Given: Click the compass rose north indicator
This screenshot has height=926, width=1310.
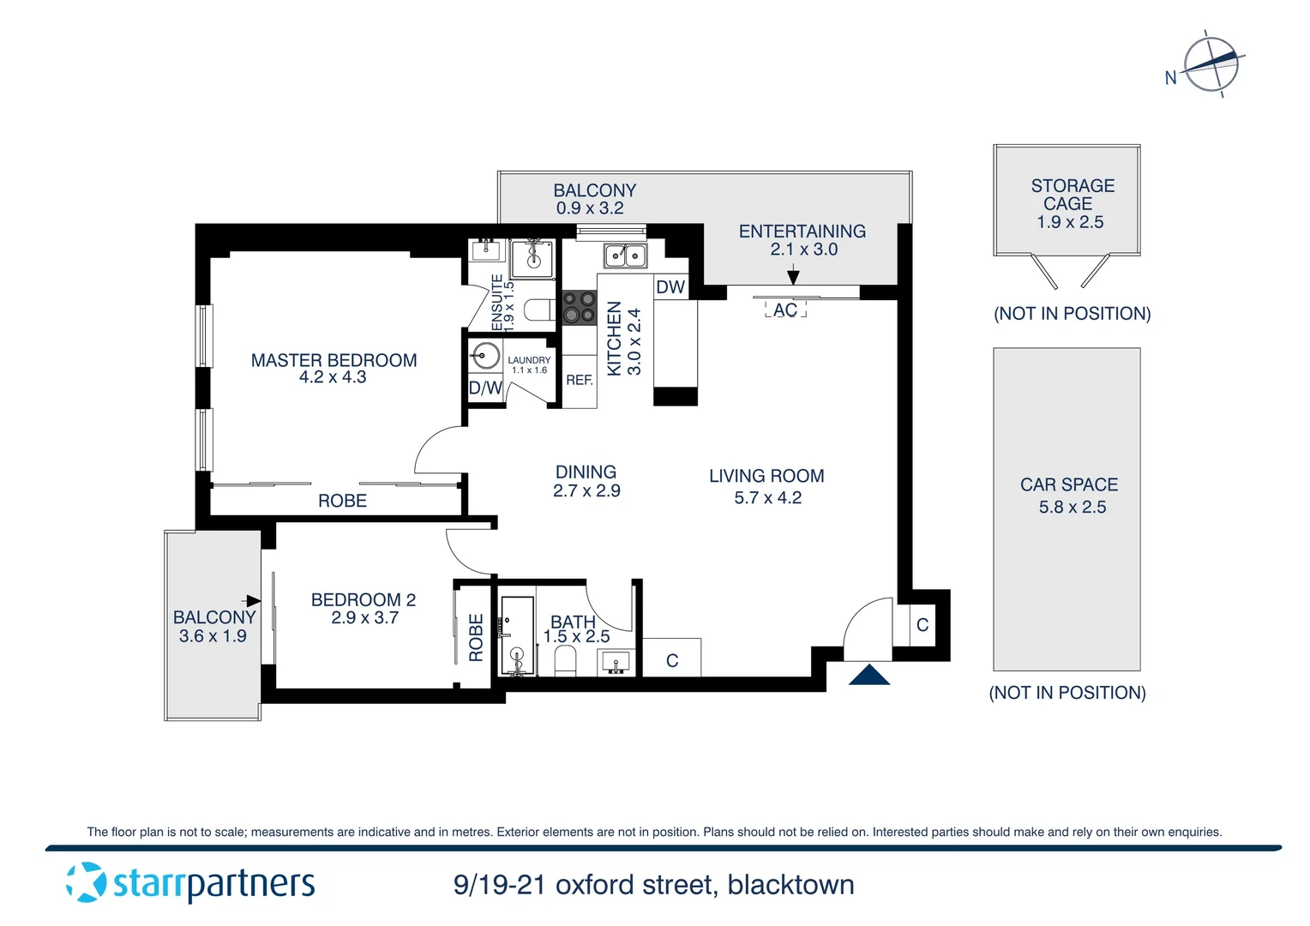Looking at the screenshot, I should point(1211,64).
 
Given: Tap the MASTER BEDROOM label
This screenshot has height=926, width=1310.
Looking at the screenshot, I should point(334,360).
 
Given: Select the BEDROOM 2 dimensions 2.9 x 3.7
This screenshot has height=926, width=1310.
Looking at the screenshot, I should point(364,618).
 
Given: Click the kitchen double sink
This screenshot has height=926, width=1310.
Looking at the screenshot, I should point(625,256).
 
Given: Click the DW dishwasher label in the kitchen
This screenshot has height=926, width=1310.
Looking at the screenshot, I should point(670,287).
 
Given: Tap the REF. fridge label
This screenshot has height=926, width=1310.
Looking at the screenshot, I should point(580,380).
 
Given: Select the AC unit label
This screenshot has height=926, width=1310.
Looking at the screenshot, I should point(785,310).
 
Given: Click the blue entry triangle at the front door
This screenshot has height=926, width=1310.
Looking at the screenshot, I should point(868,676).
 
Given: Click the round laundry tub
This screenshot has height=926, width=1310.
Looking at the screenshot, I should point(486,355).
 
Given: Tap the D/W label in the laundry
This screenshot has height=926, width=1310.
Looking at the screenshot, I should point(485,388).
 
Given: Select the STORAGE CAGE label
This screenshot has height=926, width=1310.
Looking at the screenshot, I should point(1072,195).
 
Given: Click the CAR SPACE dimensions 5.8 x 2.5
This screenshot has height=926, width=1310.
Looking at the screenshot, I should point(1072,507).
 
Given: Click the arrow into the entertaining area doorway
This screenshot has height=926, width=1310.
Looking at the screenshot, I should point(793,276).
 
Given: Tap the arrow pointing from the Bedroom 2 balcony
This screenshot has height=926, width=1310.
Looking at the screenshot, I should point(253,600).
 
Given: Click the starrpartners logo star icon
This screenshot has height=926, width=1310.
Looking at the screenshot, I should point(86,882).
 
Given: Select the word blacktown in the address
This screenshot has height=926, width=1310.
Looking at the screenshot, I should point(790,885).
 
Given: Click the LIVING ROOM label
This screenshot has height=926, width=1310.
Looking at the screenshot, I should point(766,476).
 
